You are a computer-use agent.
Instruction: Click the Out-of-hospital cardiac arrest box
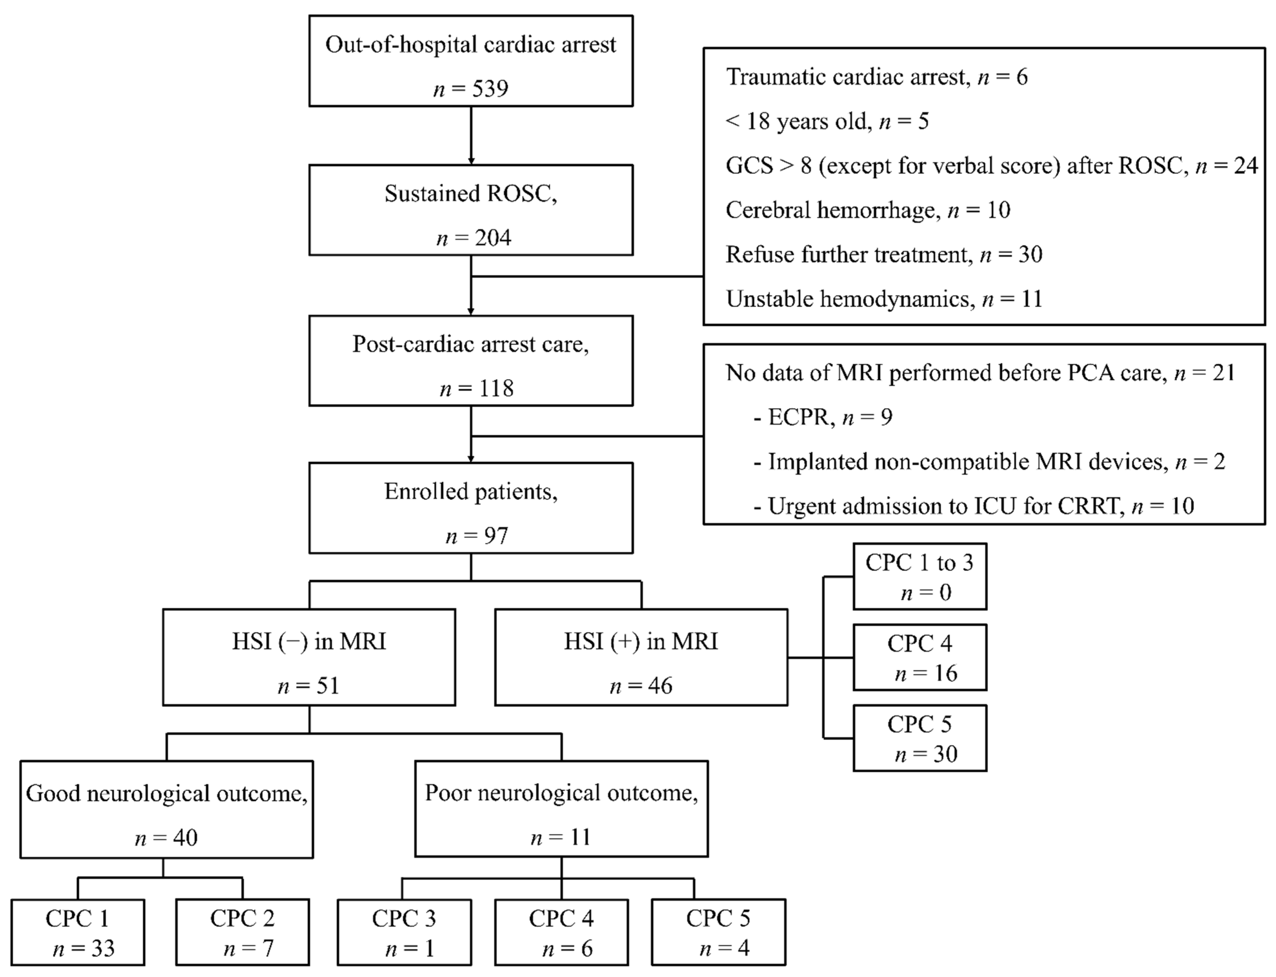click(470, 61)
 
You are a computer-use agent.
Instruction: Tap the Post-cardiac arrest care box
click(470, 360)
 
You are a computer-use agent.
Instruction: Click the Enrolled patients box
click(470, 508)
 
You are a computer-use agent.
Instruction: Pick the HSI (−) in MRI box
click(309, 657)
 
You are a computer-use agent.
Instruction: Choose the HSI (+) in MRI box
click(641, 657)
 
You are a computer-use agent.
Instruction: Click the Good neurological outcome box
click(166, 809)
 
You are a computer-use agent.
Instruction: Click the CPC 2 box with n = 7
click(242, 932)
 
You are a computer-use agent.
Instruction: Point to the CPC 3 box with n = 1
click(404, 932)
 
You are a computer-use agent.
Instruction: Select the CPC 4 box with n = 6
click(561, 932)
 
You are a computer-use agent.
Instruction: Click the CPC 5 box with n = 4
click(718, 932)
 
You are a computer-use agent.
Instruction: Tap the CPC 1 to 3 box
click(920, 576)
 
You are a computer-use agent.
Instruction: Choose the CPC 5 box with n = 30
click(920, 738)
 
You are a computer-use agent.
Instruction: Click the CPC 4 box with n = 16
click(920, 657)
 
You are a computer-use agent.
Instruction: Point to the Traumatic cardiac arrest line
click(876, 77)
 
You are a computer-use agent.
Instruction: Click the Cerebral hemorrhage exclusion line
click(868, 210)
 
